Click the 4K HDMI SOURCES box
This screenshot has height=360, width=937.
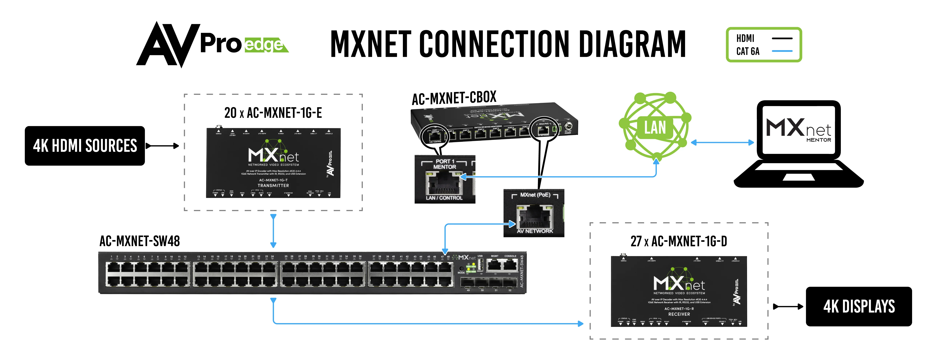85,146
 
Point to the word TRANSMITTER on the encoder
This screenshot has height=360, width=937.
273,186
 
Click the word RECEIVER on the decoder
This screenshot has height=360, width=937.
679,314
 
